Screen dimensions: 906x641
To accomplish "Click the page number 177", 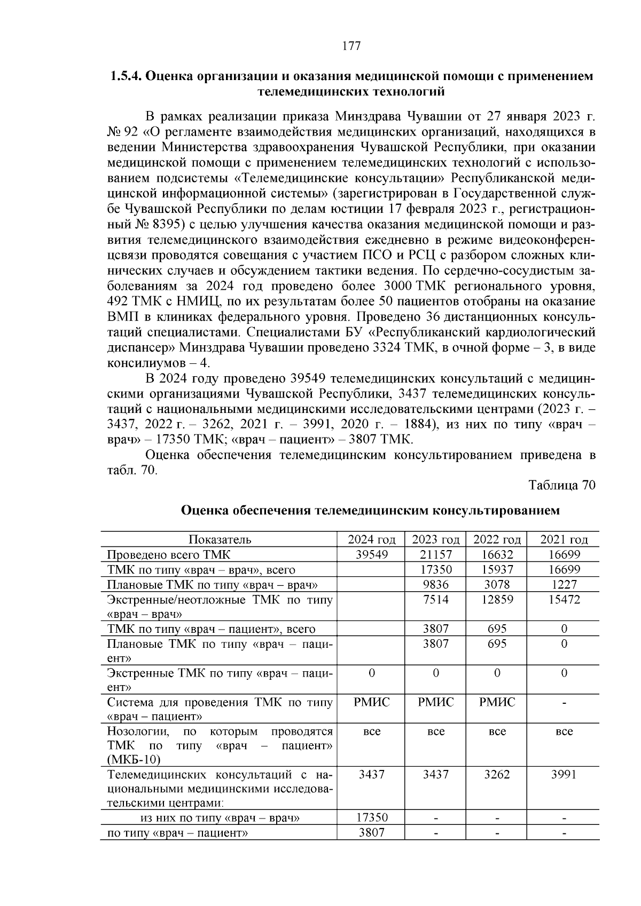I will [351, 46].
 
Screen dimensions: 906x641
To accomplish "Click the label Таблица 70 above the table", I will [561, 486].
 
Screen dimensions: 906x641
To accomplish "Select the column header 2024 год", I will [372, 540].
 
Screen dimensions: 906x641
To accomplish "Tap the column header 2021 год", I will [564, 540].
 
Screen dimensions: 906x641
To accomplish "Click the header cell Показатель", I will [220, 540].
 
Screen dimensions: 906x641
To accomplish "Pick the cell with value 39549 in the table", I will [372, 555].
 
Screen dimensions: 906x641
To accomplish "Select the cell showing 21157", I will [436, 555].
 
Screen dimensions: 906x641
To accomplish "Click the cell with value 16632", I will [497, 555].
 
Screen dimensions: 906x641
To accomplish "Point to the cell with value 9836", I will [436, 585].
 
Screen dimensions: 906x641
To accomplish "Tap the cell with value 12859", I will [497, 600].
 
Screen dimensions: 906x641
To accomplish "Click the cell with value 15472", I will [564, 600].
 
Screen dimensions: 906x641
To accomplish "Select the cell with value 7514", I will [436, 600].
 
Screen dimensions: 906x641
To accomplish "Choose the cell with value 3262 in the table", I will [497, 774].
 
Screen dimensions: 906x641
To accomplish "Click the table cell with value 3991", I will [564, 774].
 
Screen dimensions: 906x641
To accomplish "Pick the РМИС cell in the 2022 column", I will [497, 702].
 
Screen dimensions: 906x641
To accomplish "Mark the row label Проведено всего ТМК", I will [169, 555].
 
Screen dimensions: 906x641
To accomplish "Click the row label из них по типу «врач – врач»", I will [220, 818].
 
